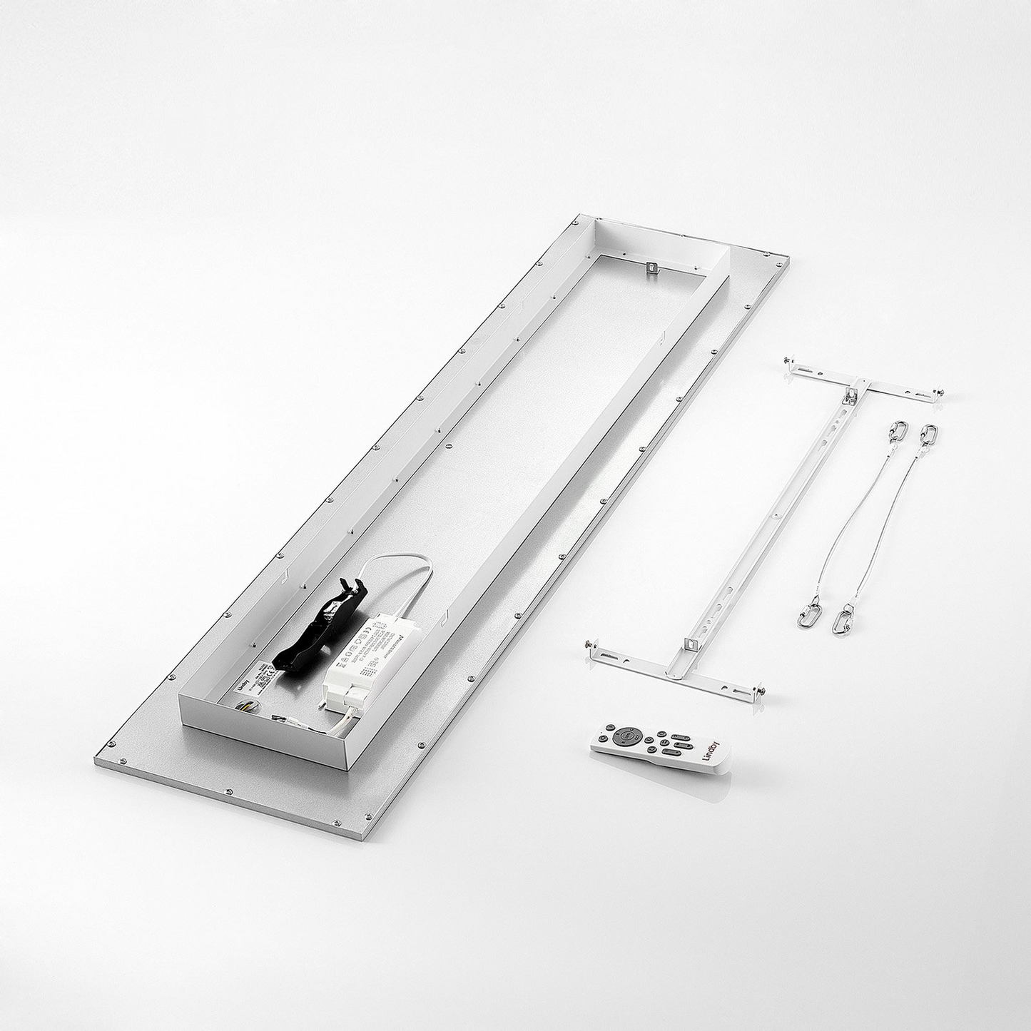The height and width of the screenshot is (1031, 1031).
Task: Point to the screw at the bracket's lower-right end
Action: coord(761,691)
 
